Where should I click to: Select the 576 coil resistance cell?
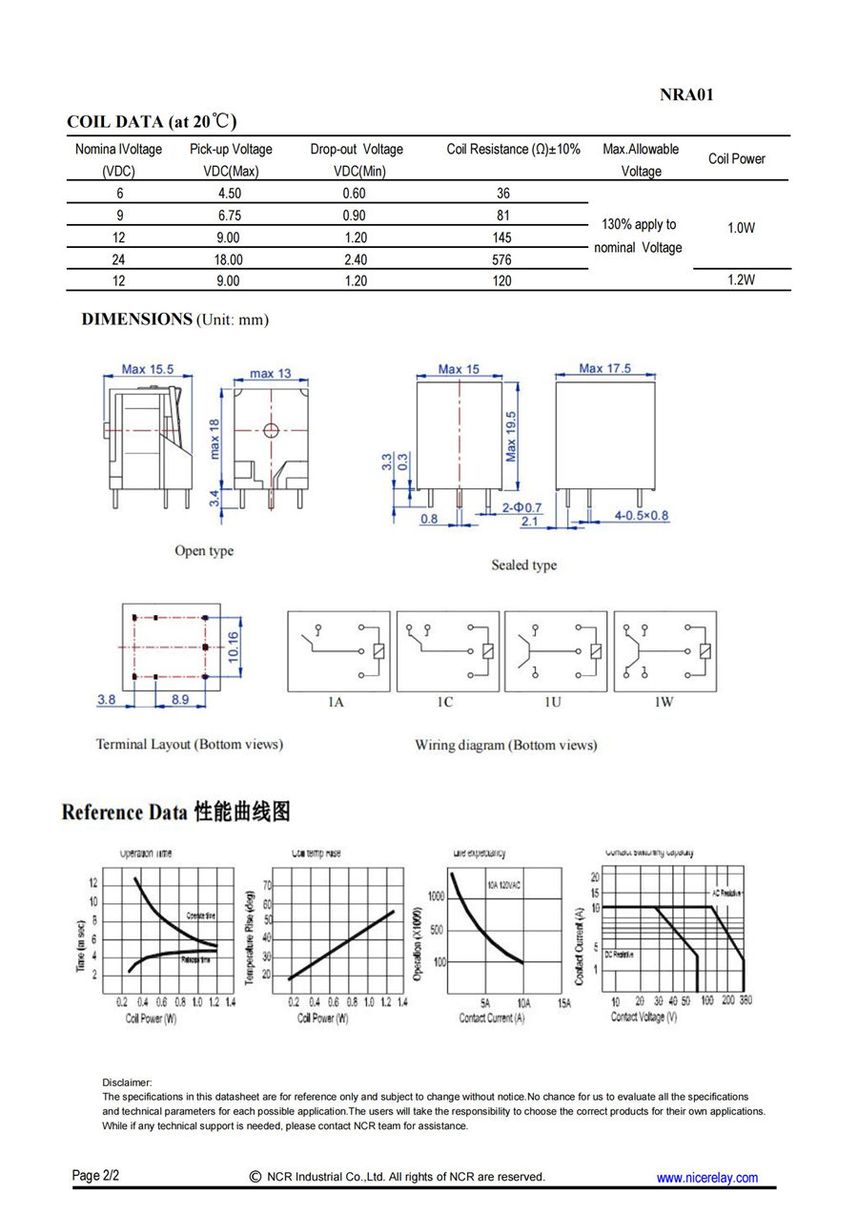click(x=502, y=259)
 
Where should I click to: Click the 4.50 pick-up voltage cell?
click(x=230, y=194)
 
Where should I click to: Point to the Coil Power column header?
click(x=736, y=159)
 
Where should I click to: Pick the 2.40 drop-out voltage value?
click(x=354, y=259)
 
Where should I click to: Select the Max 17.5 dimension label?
click(x=604, y=369)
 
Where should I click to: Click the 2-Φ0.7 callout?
click(x=521, y=507)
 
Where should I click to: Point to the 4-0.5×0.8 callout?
click(x=642, y=516)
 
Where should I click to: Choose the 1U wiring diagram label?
click(x=553, y=702)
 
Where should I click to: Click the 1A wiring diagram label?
click(x=336, y=702)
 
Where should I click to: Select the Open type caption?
click(x=203, y=550)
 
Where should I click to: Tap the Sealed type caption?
click(x=523, y=565)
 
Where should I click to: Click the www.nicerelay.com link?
click(x=706, y=1178)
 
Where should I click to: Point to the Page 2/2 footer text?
click(x=95, y=1175)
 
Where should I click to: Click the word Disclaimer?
click(x=127, y=1082)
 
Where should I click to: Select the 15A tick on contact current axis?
click(x=564, y=1003)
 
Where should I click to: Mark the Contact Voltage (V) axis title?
click(x=643, y=1018)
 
